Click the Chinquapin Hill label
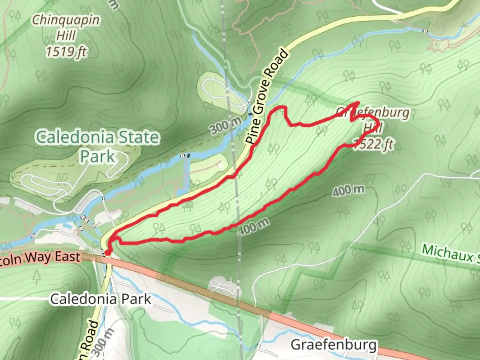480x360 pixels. click(66, 27)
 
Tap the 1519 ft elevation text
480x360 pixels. click(66, 52)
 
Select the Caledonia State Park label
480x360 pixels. click(97, 146)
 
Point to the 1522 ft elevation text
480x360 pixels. click(373, 144)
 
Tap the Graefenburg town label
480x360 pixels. click(334, 345)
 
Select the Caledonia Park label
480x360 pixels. click(101, 299)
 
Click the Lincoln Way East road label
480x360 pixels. click(40, 257)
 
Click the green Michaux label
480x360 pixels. click(450, 254)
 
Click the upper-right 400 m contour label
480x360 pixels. click(348, 190)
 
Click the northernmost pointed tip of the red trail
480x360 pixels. click(358, 102)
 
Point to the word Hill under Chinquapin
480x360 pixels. click(66, 35)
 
